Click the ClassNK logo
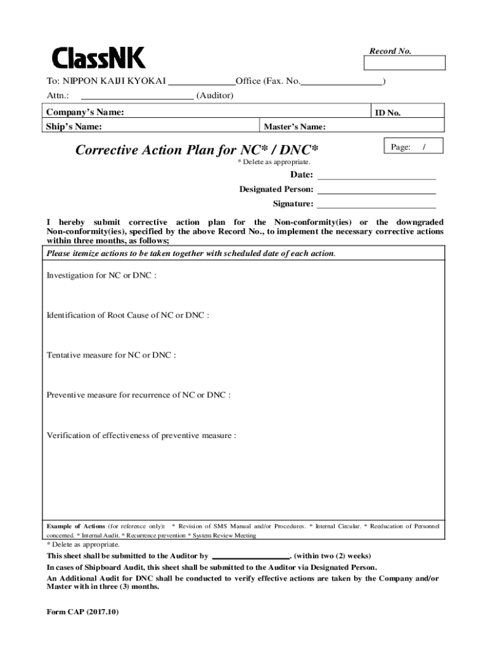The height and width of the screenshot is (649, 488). [x=98, y=58]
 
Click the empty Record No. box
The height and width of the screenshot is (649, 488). [x=404, y=63]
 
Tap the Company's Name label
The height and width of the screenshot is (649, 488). [x=85, y=112]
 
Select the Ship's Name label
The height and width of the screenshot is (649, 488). [x=74, y=126]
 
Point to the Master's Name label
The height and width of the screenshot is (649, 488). [x=295, y=127]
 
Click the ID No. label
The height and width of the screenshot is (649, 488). [x=387, y=113]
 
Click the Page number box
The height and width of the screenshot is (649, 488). [x=413, y=147]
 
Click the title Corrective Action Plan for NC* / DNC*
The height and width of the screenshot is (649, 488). [x=196, y=150]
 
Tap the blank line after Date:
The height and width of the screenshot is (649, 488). [x=376, y=175]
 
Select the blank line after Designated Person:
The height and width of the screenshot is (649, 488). [x=376, y=190]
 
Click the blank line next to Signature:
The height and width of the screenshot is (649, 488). [x=376, y=204]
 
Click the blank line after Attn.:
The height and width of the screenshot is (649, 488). [x=137, y=96]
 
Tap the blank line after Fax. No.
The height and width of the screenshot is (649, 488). [x=342, y=81]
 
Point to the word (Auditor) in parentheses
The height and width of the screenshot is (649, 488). [x=215, y=96]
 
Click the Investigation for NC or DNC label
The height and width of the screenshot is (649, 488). [x=101, y=276]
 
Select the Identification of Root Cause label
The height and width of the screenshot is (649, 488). [x=127, y=315]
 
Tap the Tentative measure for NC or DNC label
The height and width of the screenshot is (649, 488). [x=111, y=355]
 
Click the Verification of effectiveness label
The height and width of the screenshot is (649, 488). [x=141, y=435]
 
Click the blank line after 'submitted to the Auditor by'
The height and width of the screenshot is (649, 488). [x=250, y=556]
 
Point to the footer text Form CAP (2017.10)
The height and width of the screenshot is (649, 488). [x=82, y=612]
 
